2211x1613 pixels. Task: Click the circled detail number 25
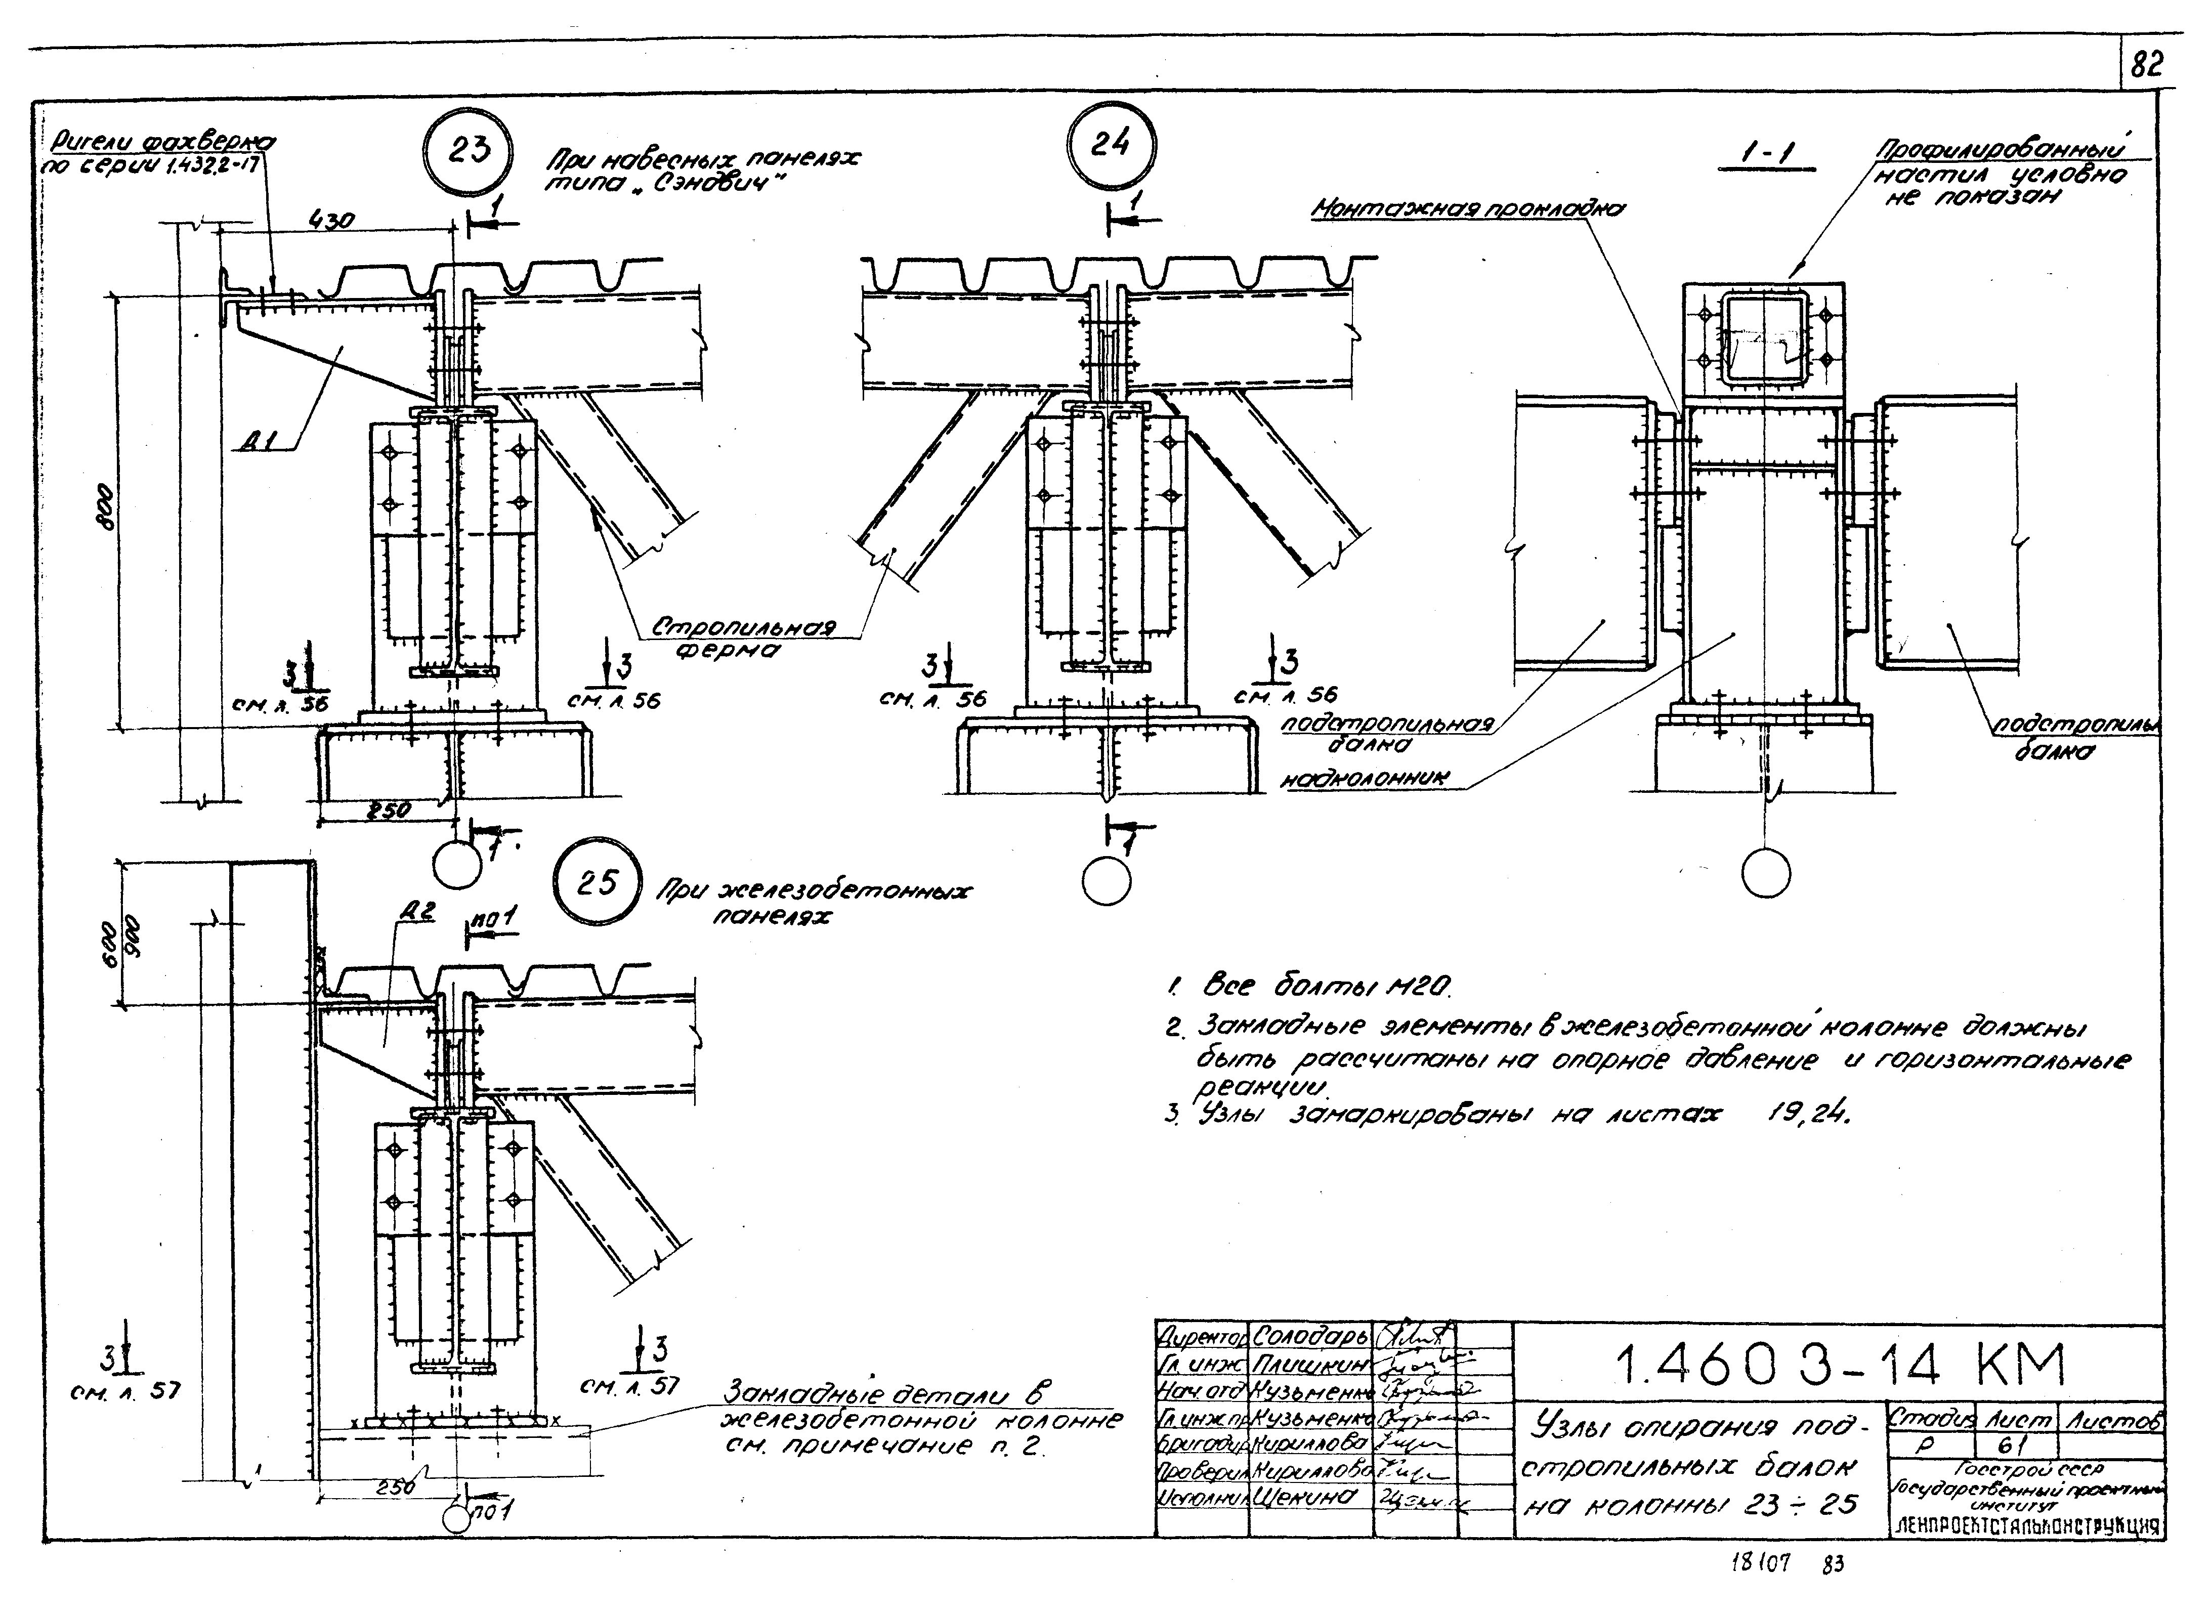[x=597, y=883]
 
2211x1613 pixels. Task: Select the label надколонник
[x=1365, y=778]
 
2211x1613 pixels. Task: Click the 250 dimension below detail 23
[x=389, y=810]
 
